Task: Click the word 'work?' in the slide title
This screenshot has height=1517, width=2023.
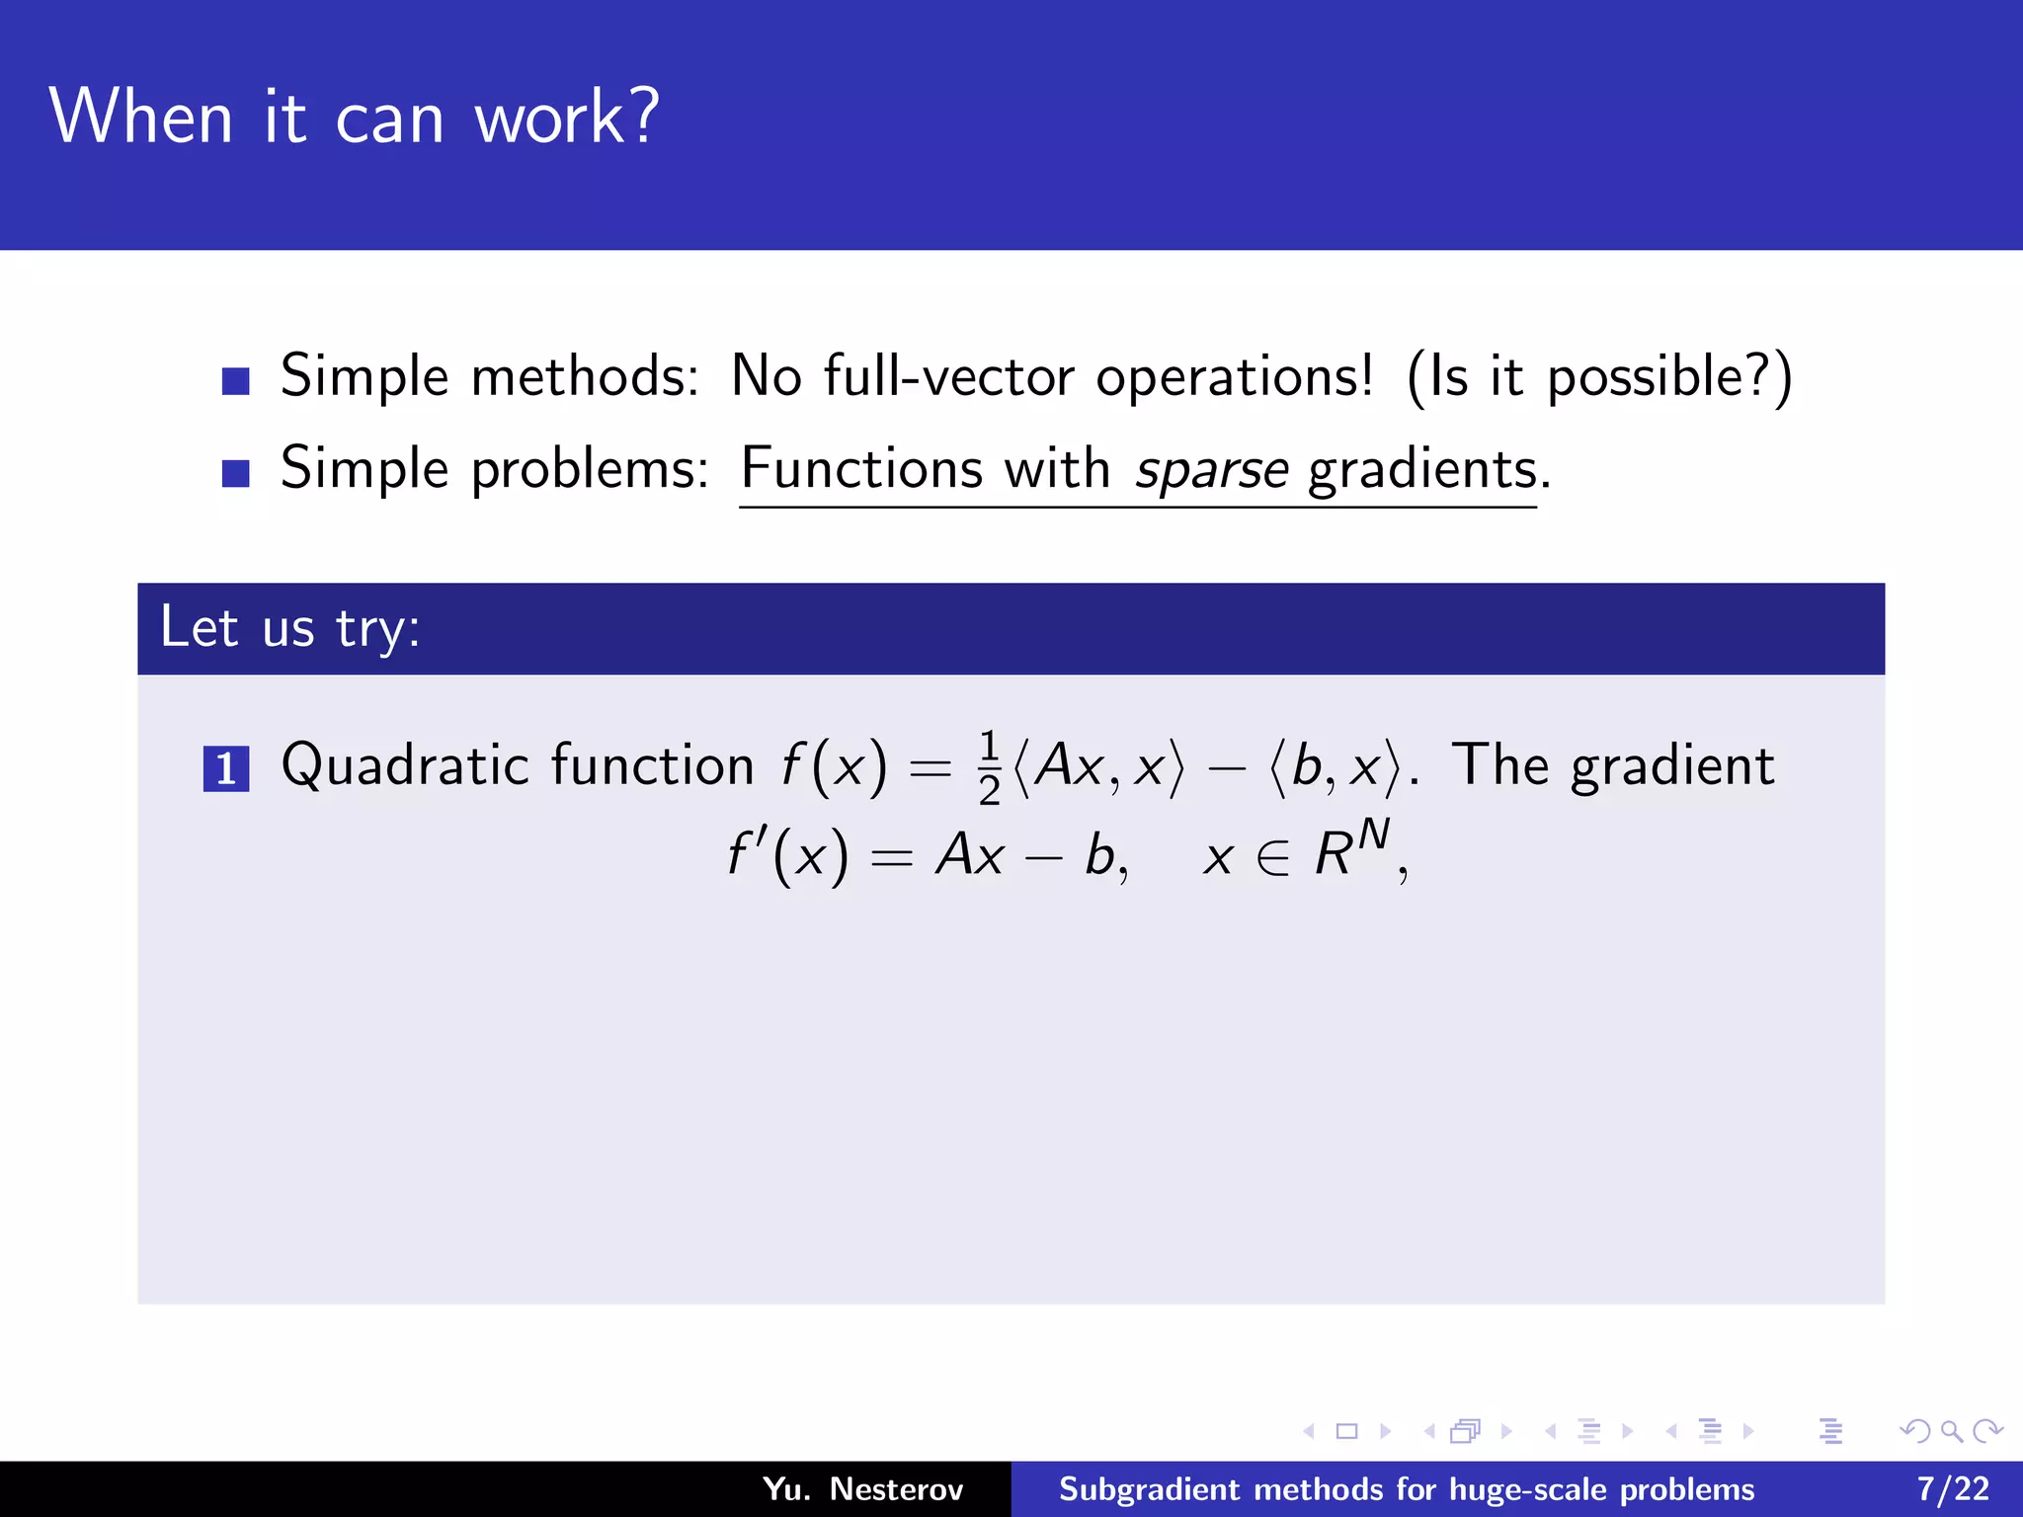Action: pyautogui.click(x=566, y=117)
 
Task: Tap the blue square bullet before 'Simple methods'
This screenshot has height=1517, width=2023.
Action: pyautogui.click(x=235, y=380)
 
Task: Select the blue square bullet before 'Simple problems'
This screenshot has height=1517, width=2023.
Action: pyautogui.click(x=235, y=473)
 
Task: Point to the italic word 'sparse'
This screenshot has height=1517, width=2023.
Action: pyautogui.click(x=1211, y=470)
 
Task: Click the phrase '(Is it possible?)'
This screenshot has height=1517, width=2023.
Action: pyautogui.click(x=1598, y=377)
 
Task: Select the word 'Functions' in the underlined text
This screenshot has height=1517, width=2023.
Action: pyautogui.click(x=861, y=468)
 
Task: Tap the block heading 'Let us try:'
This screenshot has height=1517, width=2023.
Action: pyautogui.click(x=290, y=628)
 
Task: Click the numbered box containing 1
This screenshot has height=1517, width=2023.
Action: pyautogui.click(x=225, y=769)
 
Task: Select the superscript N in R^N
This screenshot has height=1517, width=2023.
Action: pyautogui.click(x=1373, y=836)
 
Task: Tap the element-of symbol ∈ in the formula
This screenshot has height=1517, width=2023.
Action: pyautogui.click(x=1273, y=856)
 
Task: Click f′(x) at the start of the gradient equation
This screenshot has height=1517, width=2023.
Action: pyautogui.click(x=787, y=854)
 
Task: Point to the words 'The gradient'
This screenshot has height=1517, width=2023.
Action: pyautogui.click(x=1612, y=765)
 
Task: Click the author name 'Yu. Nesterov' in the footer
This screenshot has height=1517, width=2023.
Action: pyautogui.click(x=862, y=1488)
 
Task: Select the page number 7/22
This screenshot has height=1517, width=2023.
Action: pyautogui.click(x=1953, y=1488)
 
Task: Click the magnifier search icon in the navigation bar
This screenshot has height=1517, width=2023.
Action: pyautogui.click(x=1950, y=1430)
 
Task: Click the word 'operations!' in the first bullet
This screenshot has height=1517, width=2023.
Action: pyautogui.click(x=1234, y=377)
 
